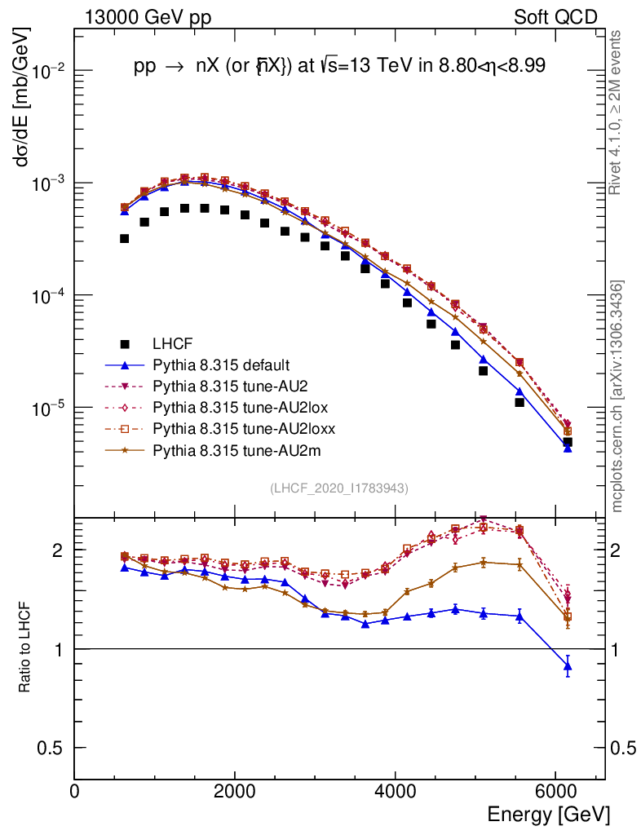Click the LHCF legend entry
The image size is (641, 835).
pyautogui.click(x=174, y=343)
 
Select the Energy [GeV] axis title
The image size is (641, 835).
pyautogui.click(x=548, y=814)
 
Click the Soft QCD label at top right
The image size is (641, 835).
pyautogui.click(x=555, y=16)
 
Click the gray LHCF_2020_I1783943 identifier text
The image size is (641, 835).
pyautogui.click(x=339, y=488)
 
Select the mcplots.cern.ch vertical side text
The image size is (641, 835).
pyautogui.click(x=618, y=395)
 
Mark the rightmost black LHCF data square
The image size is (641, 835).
pyautogui.click(x=568, y=442)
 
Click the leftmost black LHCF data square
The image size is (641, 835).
pyautogui.click(x=124, y=239)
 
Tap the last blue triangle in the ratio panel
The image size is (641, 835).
pyautogui.click(x=568, y=668)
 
